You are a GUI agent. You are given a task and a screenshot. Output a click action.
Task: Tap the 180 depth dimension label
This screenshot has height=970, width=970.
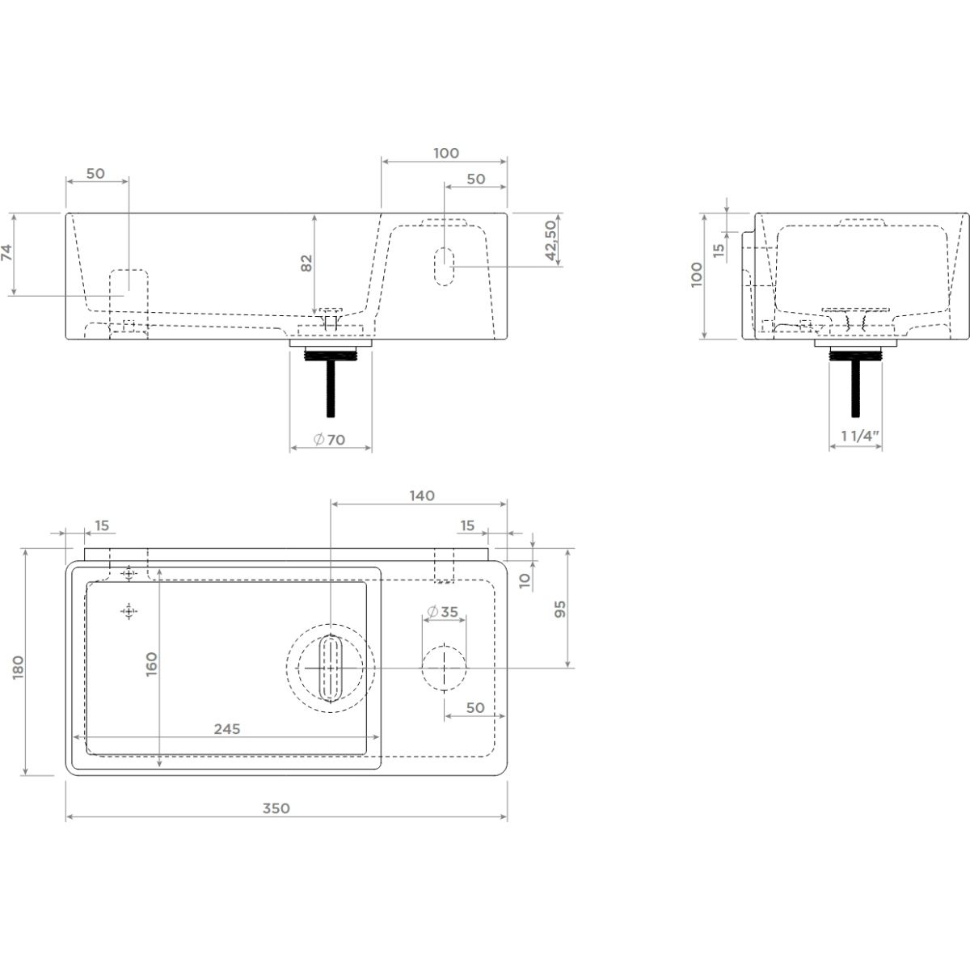19,668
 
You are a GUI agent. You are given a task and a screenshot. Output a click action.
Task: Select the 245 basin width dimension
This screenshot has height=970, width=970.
227,729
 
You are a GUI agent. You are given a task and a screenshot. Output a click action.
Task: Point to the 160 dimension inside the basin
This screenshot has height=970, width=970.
151,664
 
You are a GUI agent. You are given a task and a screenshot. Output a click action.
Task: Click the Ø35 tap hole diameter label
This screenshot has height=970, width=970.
442,612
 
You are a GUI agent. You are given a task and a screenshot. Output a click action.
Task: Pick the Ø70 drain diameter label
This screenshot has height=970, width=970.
329,440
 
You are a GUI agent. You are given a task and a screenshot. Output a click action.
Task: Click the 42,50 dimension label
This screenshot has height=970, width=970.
552,241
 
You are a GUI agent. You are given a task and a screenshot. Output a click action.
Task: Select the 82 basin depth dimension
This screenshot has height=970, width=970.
306,264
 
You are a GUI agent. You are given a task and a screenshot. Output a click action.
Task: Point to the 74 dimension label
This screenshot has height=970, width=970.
6,253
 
